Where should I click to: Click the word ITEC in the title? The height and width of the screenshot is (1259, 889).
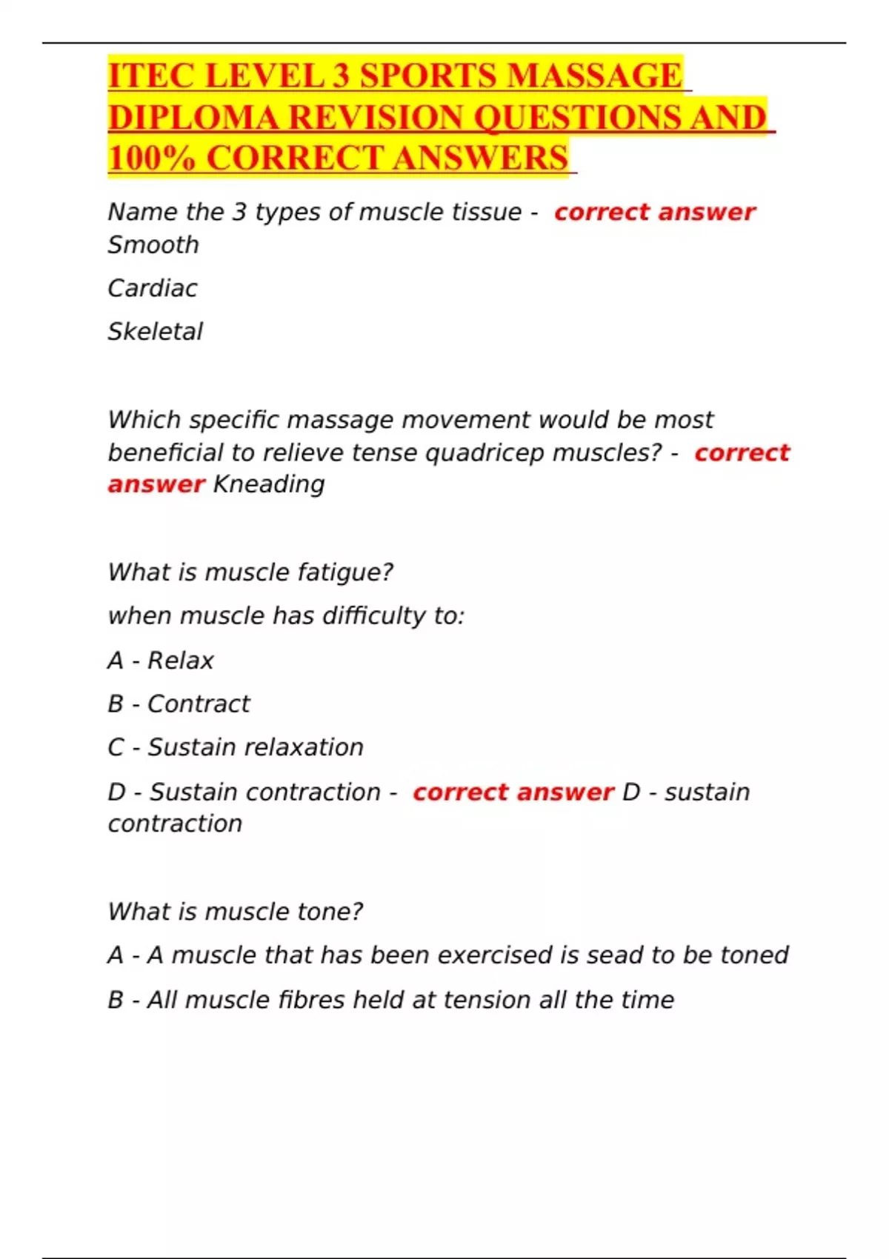click(x=151, y=76)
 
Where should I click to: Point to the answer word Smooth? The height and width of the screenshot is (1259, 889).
click(x=153, y=245)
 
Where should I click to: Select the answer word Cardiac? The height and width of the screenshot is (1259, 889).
click(x=153, y=288)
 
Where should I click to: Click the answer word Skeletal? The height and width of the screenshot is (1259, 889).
click(x=155, y=332)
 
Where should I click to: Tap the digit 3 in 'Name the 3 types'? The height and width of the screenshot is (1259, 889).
click(x=239, y=213)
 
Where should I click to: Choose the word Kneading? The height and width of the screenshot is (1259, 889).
click(x=269, y=484)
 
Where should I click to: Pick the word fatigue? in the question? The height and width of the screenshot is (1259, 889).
click(x=345, y=572)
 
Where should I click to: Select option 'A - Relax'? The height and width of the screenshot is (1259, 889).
click(x=161, y=661)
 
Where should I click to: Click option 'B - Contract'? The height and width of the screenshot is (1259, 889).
click(x=179, y=704)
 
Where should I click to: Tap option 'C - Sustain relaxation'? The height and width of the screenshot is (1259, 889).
click(x=236, y=747)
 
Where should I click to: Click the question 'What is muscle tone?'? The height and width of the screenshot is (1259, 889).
click(x=236, y=912)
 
